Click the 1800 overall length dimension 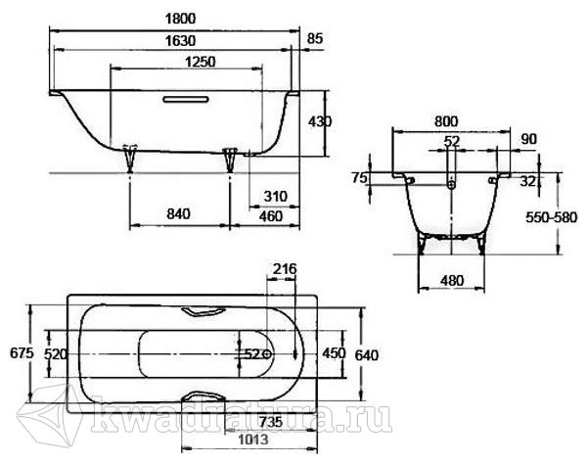tap(180, 19)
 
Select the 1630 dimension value tap(180, 40)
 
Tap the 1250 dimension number tap(201, 62)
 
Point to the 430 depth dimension tap(320, 121)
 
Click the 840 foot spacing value tap(178, 214)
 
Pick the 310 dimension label tap(275, 196)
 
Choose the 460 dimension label tap(271, 216)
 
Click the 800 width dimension tap(446, 121)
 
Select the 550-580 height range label tap(551, 217)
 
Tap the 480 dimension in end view tap(452, 281)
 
